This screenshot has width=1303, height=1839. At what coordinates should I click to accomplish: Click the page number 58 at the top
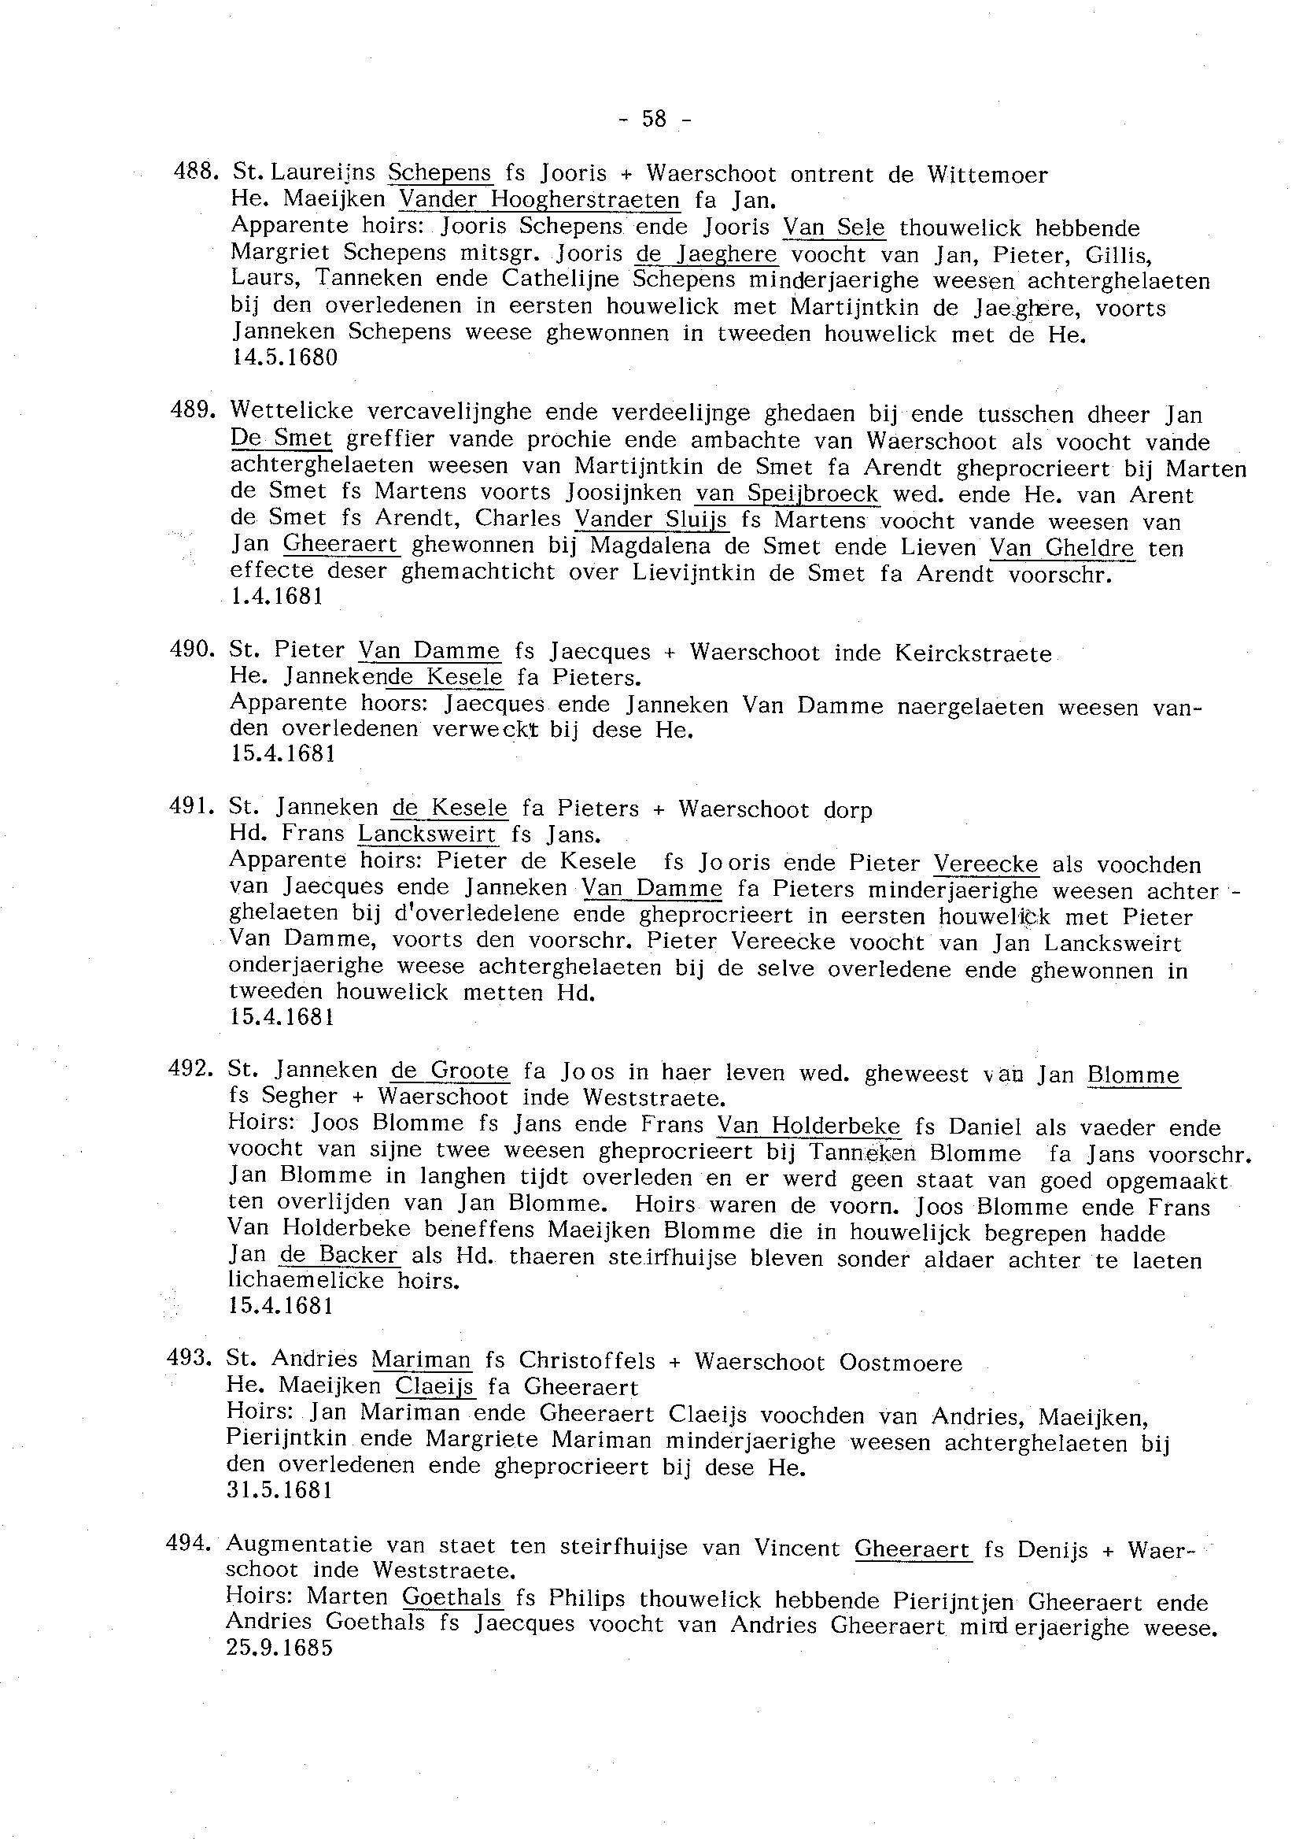(x=654, y=119)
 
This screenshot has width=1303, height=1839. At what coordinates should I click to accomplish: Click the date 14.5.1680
(x=285, y=357)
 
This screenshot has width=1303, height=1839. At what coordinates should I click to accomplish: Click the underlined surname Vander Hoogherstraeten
(x=539, y=200)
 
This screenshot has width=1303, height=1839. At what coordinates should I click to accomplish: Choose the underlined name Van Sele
(x=833, y=228)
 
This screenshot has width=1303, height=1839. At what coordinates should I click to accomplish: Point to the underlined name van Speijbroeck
(x=786, y=494)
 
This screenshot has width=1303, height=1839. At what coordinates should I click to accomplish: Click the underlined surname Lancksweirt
(x=428, y=834)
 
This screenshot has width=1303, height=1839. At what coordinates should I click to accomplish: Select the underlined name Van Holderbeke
(x=809, y=1127)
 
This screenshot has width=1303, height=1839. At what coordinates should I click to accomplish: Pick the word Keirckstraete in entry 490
(x=973, y=653)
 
